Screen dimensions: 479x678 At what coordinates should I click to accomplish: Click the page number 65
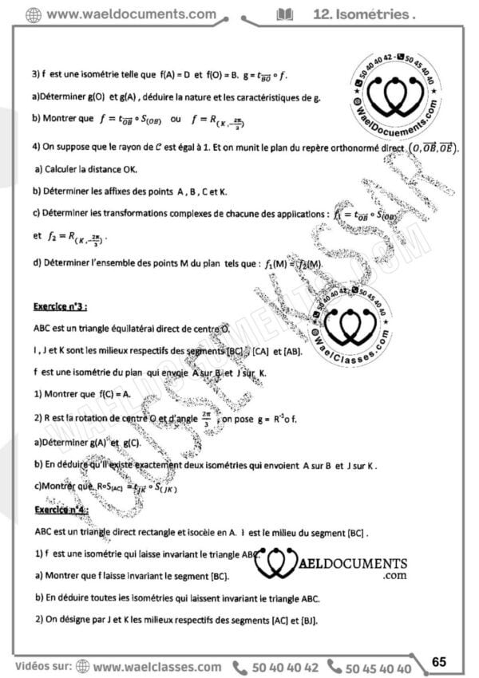click(x=439, y=661)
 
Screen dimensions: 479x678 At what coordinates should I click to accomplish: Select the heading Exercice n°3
click(x=61, y=306)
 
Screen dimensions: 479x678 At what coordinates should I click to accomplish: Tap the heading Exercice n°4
click(x=61, y=509)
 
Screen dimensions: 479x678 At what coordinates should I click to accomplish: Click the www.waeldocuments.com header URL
click(x=132, y=14)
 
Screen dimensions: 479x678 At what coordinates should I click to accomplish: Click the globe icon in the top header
click(x=34, y=14)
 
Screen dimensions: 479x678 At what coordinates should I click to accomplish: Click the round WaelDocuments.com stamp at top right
click(x=395, y=97)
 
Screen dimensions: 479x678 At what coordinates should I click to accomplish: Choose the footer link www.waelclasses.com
click(x=156, y=668)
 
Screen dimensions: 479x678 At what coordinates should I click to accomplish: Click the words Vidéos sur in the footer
click(x=42, y=668)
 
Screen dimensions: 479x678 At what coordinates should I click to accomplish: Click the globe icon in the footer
click(x=83, y=668)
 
